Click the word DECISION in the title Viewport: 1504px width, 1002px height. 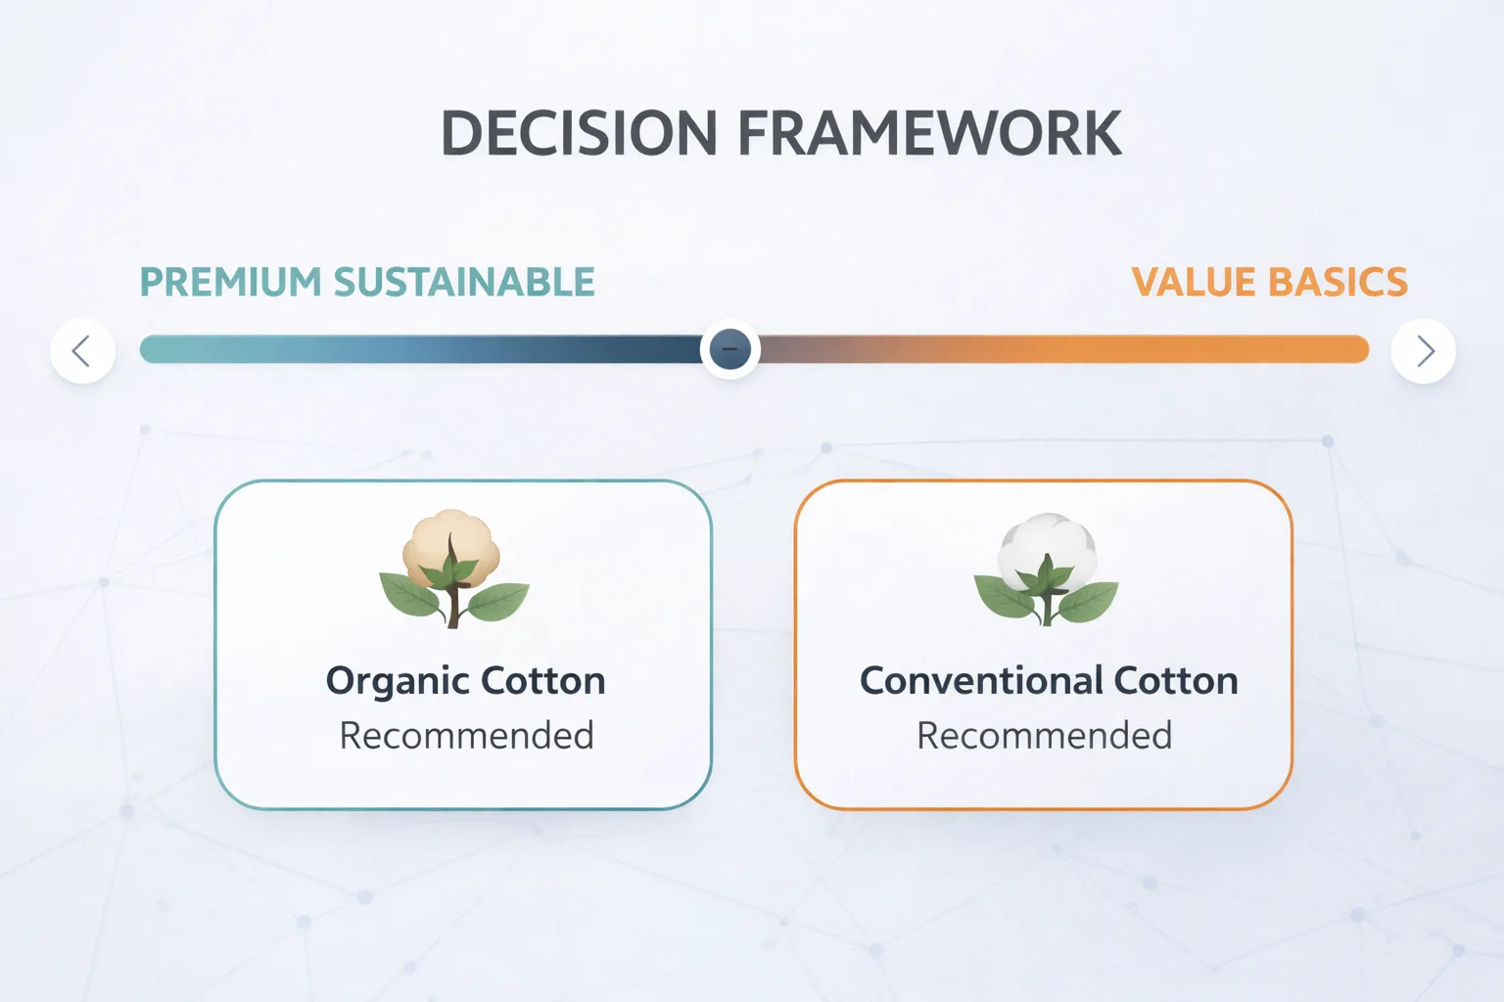tap(580, 133)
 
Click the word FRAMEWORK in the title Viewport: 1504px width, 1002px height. tap(930, 133)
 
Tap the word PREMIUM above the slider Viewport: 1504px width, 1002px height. tap(230, 282)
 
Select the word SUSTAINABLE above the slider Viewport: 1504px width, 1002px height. tap(465, 282)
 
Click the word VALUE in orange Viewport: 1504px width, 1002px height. tap(1194, 282)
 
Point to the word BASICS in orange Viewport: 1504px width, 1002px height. tap(1339, 282)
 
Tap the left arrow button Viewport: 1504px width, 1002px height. tap(82, 351)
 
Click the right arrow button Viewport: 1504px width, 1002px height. tap(1424, 351)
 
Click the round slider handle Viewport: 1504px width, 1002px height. tap(729, 349)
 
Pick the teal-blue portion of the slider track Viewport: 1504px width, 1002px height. tap(420, 349)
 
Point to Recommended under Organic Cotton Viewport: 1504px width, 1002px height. tap(467, 736)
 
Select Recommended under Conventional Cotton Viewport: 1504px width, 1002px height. tap(1045, 736)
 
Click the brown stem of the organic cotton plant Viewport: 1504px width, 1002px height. tap(453, 591)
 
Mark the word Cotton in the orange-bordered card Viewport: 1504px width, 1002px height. tap(1176, 680)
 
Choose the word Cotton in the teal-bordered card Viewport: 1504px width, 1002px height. tap(543, 680)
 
